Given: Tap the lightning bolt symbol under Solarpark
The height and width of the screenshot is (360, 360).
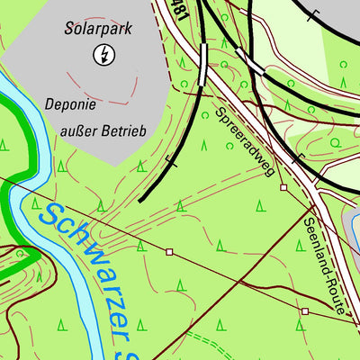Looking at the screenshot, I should coord(104,56).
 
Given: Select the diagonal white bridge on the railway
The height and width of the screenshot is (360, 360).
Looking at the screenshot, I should coord(249,61).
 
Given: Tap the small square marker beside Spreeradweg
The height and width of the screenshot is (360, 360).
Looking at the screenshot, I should coord(283,187).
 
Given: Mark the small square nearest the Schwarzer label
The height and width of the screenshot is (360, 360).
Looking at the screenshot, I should coord(168,253).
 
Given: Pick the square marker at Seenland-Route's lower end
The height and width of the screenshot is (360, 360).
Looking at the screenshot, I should coord(305,311).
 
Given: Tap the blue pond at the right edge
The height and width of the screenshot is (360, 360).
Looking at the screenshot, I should coord(352,225).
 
